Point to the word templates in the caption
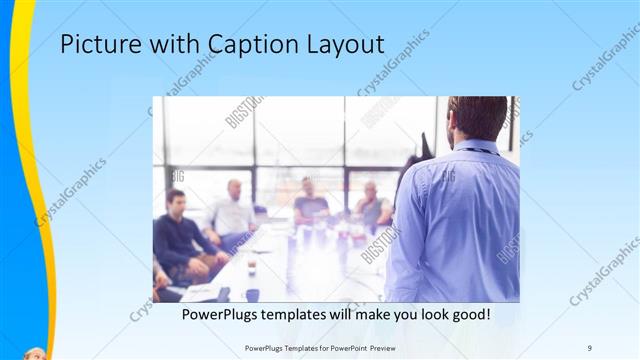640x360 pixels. click(317, 314)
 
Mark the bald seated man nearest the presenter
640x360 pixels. click(371, 205)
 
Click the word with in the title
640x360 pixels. click(173, 45)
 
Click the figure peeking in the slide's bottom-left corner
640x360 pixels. click(36, 354)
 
